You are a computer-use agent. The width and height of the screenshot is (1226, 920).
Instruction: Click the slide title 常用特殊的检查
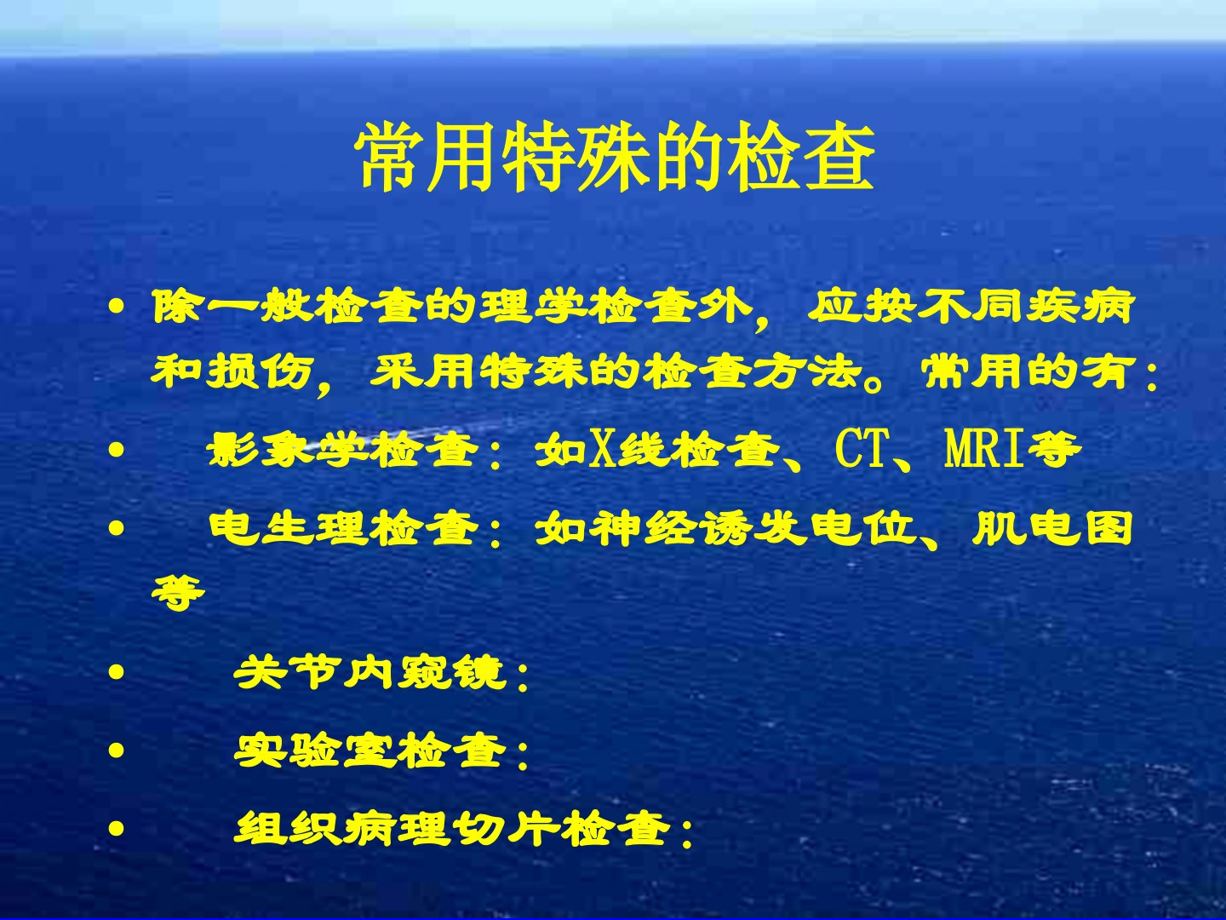pyautogui.click(x=615, y=158)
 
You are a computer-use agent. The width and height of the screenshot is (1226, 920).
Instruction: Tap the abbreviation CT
pyautogui.click(x=861, y=451)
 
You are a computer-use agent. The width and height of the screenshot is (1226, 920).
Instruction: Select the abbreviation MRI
pyautogui.click(x=983, y=451)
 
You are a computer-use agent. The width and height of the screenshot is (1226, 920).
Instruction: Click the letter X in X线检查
pyautogui.click(x=603, y=451)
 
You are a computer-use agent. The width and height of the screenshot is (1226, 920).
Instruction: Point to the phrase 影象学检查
pyautogui.click(x=343, y=451)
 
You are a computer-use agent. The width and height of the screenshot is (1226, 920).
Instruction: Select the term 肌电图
pyautogui.click(x=1052, y=528)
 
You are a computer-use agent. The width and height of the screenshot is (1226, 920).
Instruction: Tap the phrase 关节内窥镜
pyautogui.click(x=370, y=673)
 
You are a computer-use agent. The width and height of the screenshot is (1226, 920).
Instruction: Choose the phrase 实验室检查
pyautogui.click(x=370, y=751)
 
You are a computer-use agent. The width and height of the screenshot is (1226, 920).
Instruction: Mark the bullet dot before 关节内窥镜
pyautogui.click(x=116, y=673)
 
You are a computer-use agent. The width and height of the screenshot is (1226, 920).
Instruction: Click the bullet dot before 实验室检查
pyautogui.click(x=116, y=751)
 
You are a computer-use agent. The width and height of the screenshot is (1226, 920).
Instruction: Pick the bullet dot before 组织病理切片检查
pyautogui.click(x=116, y=829)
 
